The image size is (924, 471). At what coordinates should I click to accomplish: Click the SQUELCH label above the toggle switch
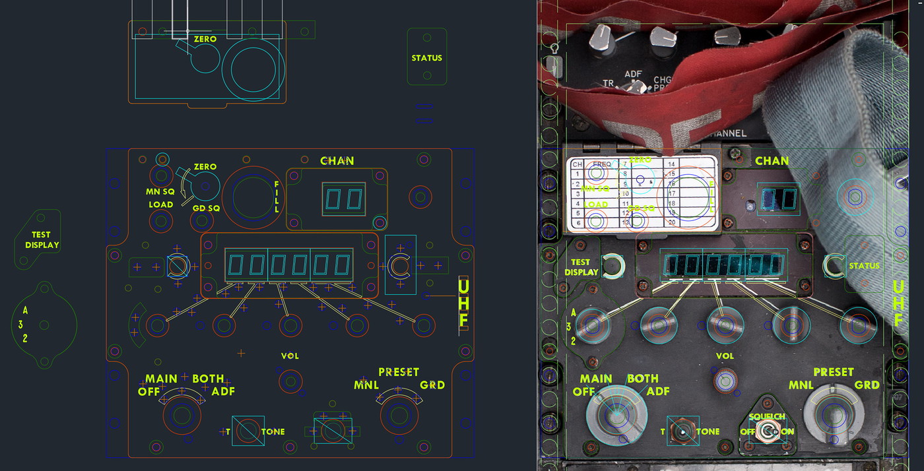pos(767,416)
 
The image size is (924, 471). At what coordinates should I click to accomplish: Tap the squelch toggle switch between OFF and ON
pos(766,431)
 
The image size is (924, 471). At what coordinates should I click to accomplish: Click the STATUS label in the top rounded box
pos(426,58)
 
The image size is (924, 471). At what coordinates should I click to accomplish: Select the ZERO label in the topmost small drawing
pos(205,40)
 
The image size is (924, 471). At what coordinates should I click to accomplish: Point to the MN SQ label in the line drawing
pos(160,191)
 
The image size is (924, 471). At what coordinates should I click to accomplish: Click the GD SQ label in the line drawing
pos(207,208)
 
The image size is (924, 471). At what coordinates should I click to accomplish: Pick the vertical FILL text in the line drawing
pos(277,197)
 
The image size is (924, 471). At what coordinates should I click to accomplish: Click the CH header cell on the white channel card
pos(577,164)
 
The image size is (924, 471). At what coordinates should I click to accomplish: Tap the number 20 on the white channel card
pos(671,222)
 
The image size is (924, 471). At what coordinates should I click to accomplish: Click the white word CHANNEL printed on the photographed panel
pos(728,133)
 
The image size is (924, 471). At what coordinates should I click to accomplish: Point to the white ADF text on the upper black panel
pos(633,75)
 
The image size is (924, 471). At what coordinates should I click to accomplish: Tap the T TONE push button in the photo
pos(682,431)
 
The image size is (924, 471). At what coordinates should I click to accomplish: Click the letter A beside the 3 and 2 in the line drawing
pos(25,310)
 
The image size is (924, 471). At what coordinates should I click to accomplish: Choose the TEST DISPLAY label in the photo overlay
pos(581,267)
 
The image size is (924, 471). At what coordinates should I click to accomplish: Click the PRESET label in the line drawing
pos(399,372)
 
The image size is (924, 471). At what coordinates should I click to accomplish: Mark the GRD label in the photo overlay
pos(867,385)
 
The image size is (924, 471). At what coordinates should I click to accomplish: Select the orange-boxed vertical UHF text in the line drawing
pos(463,303)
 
